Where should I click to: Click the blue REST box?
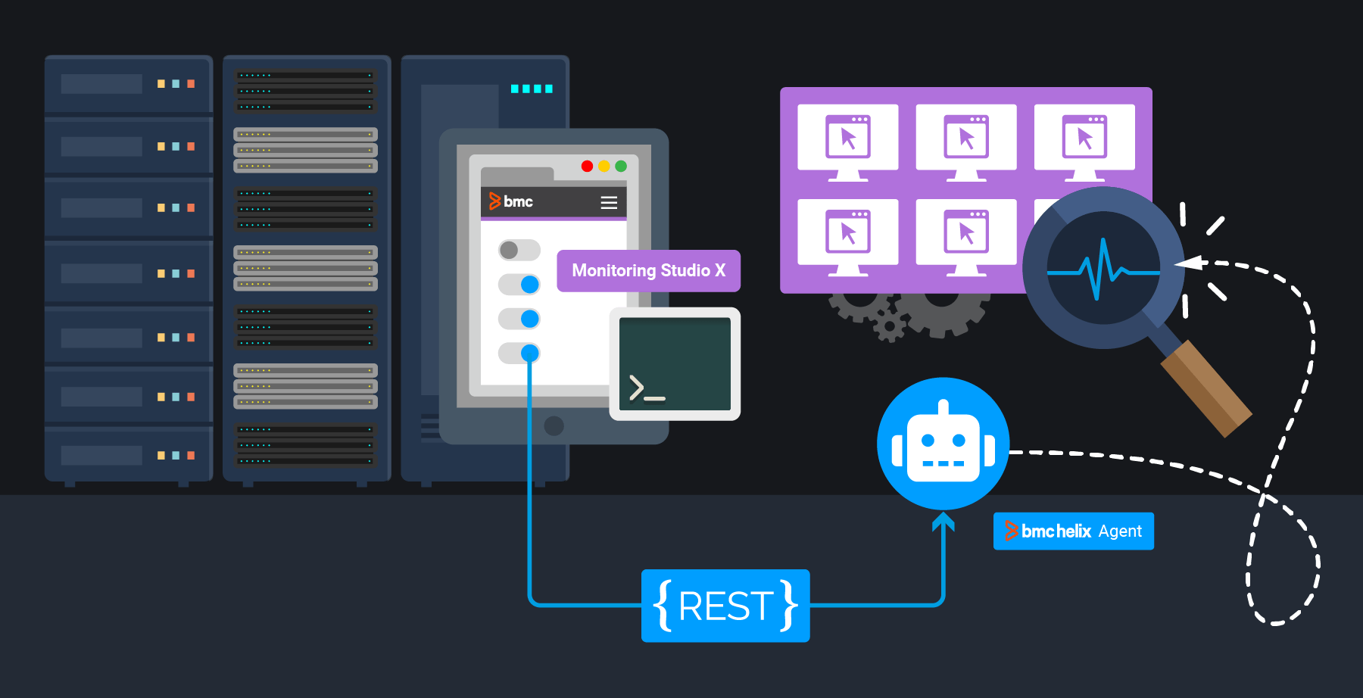(x=725, y=606)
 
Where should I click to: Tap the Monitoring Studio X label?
(x=648, y=270)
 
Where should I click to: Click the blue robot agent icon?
(x=943, y=444)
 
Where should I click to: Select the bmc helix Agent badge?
(x=1073, y=531)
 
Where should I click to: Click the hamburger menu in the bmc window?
(x=609, y=202)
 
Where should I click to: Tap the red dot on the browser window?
(x=587, y=166)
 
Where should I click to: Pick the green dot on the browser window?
(x=621, y=166)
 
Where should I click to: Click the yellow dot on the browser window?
(x=604, y=166)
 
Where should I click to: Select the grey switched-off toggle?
(x=519, y=250)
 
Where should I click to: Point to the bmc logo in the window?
(x=511, y=201)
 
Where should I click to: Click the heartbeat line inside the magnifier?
(x=1103, y=270)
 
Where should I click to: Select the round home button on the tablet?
(x=554, y=425)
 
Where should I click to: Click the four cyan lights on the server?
(x=532, y=89)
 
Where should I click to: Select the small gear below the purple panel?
(x=889, y=327)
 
